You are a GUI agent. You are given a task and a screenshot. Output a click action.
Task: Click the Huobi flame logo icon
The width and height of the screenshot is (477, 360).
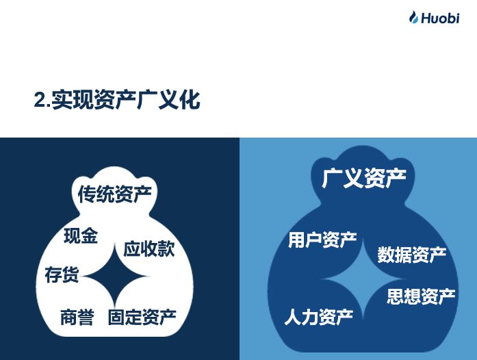pos(414,17)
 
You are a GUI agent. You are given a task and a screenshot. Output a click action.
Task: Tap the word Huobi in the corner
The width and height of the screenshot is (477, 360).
pos(440,18)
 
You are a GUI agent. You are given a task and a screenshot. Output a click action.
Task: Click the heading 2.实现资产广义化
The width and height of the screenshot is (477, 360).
pos(117,99)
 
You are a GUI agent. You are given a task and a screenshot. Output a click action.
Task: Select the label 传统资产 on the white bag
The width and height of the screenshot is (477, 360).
pos(115,194)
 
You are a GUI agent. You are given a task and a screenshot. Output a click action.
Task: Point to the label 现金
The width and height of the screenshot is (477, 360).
pos(81,236)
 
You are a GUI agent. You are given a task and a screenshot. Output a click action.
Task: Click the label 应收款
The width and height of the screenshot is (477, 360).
pos(149,249)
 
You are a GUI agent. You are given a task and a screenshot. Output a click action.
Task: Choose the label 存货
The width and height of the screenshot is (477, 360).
pos(62,274)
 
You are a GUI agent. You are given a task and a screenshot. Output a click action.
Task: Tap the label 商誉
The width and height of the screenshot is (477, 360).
pos(77,317)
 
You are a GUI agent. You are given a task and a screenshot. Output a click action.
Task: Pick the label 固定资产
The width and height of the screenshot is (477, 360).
pos(142,317)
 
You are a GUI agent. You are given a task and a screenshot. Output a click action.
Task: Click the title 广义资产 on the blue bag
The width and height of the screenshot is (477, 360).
pos(364,178)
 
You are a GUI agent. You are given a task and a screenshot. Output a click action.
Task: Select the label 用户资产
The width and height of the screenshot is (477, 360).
pos(322,240)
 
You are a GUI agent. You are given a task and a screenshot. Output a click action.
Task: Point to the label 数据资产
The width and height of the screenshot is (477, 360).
pos(412,255)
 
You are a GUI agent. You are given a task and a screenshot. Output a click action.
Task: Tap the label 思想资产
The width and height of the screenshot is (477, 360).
pos(421,296)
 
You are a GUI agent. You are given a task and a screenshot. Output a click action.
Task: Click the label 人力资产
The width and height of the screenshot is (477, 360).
pos(319,317)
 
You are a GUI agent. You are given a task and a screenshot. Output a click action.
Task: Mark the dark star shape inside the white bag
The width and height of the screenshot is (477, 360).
pos(115,277)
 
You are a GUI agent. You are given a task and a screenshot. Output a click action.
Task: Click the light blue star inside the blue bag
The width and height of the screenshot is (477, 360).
pos(363,279)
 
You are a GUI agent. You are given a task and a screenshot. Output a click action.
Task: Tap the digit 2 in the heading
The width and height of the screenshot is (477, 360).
pos(39,100)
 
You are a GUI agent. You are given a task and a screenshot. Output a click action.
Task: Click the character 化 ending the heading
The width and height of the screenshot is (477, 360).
pos(190,99)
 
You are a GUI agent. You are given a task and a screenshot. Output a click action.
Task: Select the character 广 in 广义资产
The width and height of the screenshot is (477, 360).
pos(332,178)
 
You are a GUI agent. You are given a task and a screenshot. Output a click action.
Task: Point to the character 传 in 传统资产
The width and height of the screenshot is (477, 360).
pos(87,194)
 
